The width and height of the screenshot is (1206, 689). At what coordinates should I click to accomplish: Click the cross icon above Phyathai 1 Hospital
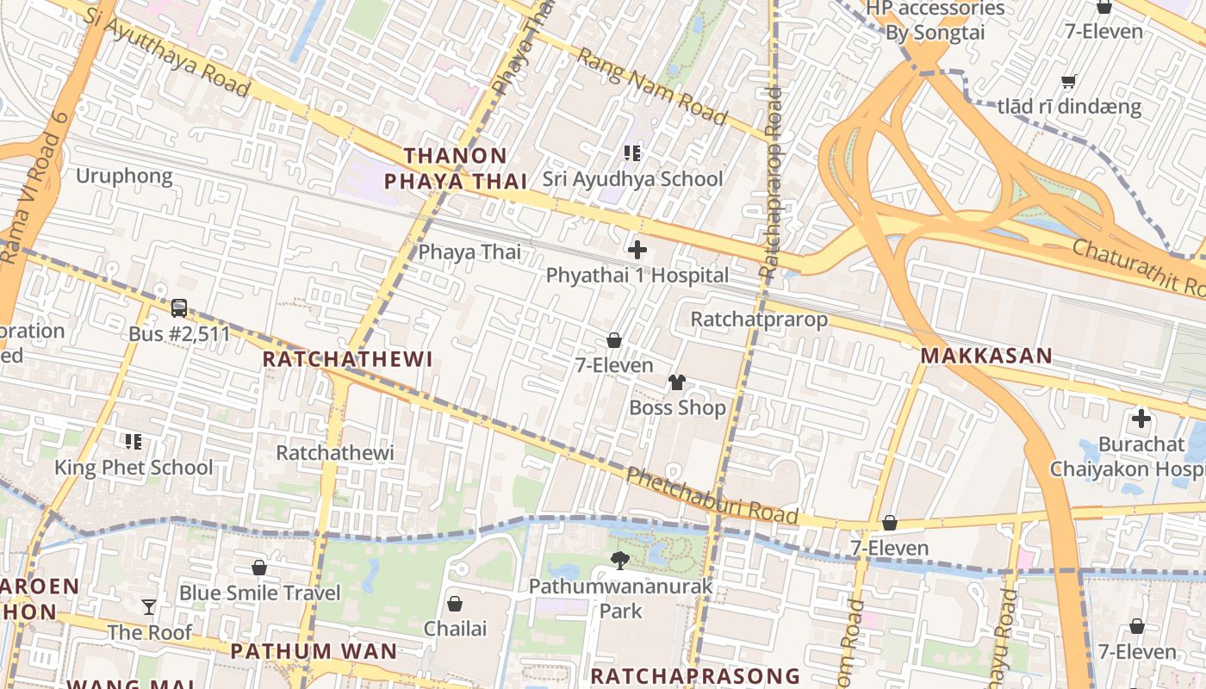[637, 251]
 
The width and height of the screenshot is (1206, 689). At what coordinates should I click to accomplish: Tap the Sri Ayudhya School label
[632, 179]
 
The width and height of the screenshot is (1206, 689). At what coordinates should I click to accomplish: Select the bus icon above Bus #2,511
[179, 307]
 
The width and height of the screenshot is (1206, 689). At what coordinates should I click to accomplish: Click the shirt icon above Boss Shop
[677, 382]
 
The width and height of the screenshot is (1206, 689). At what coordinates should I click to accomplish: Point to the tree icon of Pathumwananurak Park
[619, 561]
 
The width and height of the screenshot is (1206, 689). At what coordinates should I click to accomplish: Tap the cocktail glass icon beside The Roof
[149, 607]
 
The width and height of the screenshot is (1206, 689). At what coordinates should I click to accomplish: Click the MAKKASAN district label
[986, 356]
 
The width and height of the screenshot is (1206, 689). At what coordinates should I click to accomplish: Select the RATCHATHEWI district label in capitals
[347, 359]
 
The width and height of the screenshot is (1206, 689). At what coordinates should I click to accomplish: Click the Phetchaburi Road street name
[712, 495]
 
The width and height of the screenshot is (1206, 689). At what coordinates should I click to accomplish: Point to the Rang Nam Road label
[652, 85]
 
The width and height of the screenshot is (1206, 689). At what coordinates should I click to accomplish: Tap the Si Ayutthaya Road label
[168, 53]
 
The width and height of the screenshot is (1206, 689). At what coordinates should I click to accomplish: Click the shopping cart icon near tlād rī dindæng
[1069, 82]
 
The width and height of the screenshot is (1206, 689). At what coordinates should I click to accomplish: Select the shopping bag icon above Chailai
[455, 604]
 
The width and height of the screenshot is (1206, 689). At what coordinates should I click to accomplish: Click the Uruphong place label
[124, 177]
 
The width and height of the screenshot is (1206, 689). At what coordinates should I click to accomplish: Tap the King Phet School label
[134, 468]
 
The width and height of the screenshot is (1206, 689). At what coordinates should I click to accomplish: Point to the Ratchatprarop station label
[759, 320]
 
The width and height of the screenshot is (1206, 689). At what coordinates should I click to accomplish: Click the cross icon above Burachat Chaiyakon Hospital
[1141, 419]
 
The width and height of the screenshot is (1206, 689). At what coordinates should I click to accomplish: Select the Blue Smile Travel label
[260, 593]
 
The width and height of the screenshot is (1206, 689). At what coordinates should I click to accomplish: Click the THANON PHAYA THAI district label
[455, 169]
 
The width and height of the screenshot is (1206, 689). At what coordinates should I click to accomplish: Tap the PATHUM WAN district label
[314, 651]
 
